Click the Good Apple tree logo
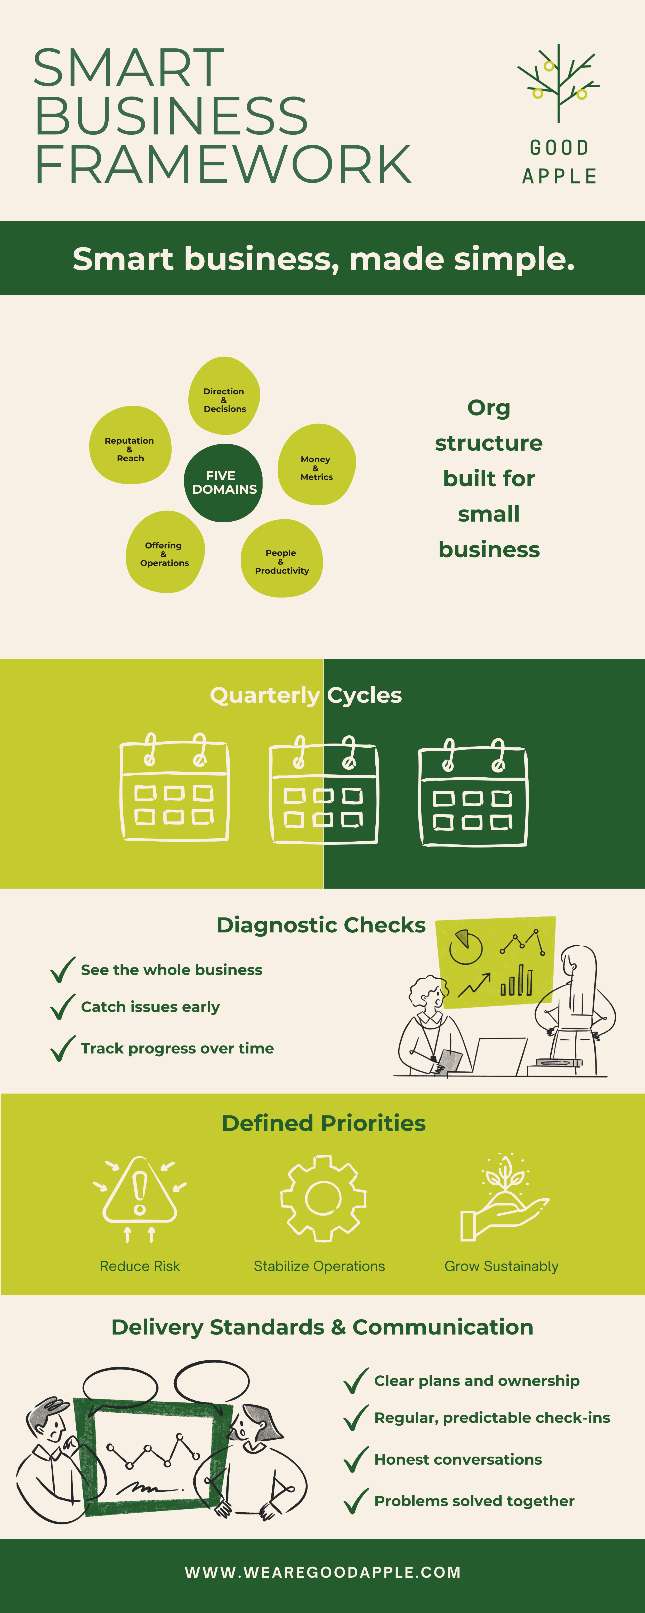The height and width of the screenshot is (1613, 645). pos(558,83)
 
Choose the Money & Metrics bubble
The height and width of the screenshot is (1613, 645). pos(317,465)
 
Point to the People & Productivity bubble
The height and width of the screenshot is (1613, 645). pos(282,558)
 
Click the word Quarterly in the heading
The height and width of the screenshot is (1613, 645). pos(265,695)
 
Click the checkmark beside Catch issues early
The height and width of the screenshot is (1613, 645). pos(63,1007)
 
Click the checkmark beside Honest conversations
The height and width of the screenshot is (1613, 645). pos(356,1460)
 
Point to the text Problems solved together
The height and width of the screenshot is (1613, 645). pos(474,1501)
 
